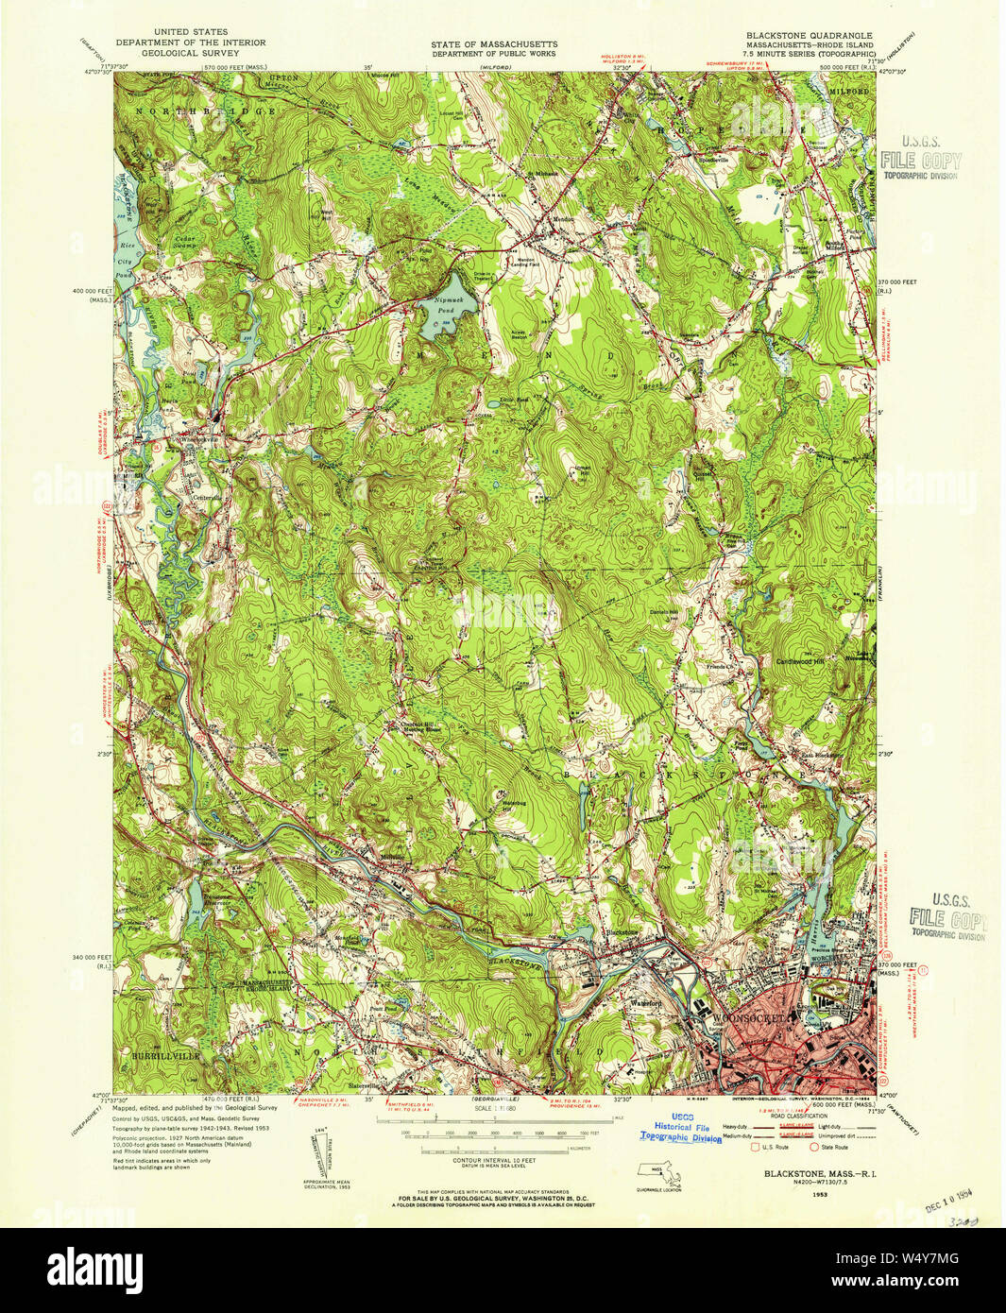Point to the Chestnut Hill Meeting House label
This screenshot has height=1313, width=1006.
[412, 727]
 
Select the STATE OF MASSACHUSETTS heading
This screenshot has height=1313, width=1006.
[494, 44]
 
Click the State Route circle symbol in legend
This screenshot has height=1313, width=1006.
[814, 1147]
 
